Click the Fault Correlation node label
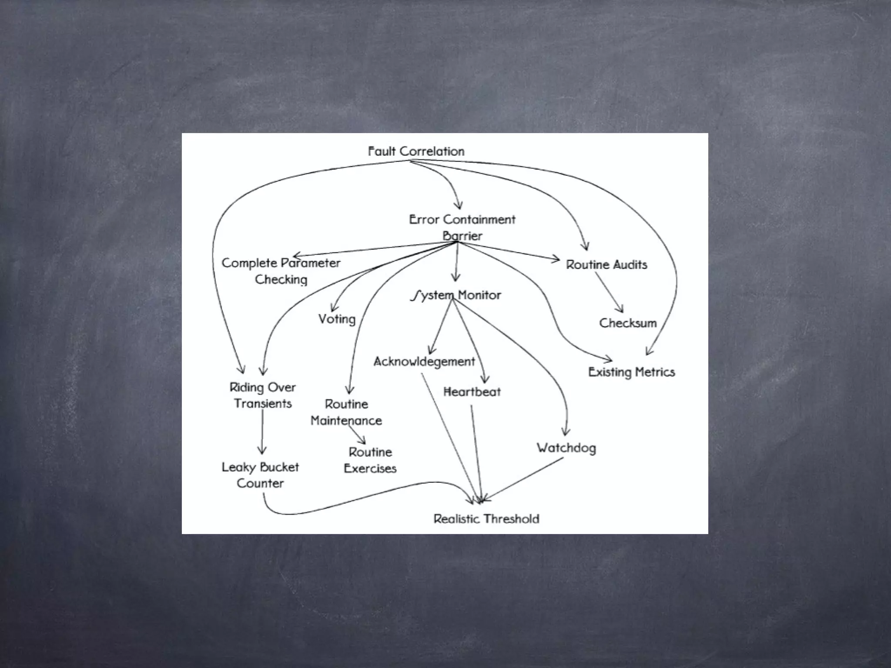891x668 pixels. click(416, 151)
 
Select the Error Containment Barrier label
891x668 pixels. click(462, 227)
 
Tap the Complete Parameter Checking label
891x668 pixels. click(281, 271)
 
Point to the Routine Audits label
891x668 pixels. click(606, 265)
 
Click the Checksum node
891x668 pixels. click(627, 323)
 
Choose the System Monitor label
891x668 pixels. click(456, 295)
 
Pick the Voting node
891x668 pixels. click(337, 319)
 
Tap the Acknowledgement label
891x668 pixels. click(424, 361)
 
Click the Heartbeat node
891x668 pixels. click(472, 392)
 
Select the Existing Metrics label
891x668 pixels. click(631, 372)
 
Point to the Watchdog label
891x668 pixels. click(566, 448)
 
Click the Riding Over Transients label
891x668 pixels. click(263, 395)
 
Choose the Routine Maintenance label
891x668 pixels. click(346, 412)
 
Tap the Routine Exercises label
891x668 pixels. click(370, 460)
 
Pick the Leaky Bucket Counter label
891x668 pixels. click(260, 475)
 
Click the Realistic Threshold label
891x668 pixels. click(486, 519)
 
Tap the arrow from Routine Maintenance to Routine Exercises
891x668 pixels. click(357, 434)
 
